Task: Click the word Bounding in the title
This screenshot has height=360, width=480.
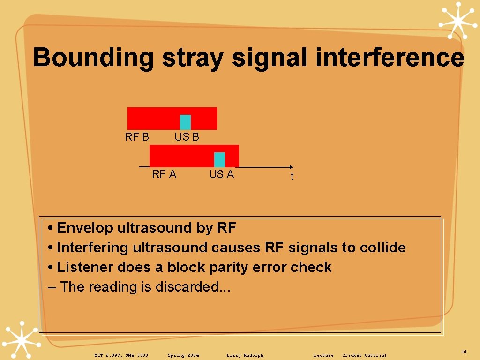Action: tap(93, 58)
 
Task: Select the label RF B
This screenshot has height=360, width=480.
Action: tap(137, 137)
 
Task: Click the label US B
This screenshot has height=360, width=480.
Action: tap(187, 137)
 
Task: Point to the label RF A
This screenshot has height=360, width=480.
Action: tap(164, 174)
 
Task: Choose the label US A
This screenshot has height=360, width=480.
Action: tap(221, 174)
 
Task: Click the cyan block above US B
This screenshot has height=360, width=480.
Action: tap(186, 122)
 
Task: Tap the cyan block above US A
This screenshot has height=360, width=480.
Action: tap(219, 159)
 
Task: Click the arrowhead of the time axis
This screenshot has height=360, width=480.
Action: tap(291, 167)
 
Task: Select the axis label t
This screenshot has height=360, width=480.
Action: tap(292, 177)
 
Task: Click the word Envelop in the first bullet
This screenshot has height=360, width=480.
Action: tap(85, 228)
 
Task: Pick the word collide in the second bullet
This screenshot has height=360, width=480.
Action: tap(382, 247)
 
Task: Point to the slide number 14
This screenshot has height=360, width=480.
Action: tap(464, 352)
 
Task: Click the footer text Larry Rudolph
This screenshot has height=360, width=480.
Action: tap(245, 355)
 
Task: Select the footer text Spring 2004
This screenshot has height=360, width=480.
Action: tap(183, 355)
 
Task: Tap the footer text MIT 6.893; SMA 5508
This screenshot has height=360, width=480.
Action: tap(121, 355)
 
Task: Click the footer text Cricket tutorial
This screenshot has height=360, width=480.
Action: tap(364, 355)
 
